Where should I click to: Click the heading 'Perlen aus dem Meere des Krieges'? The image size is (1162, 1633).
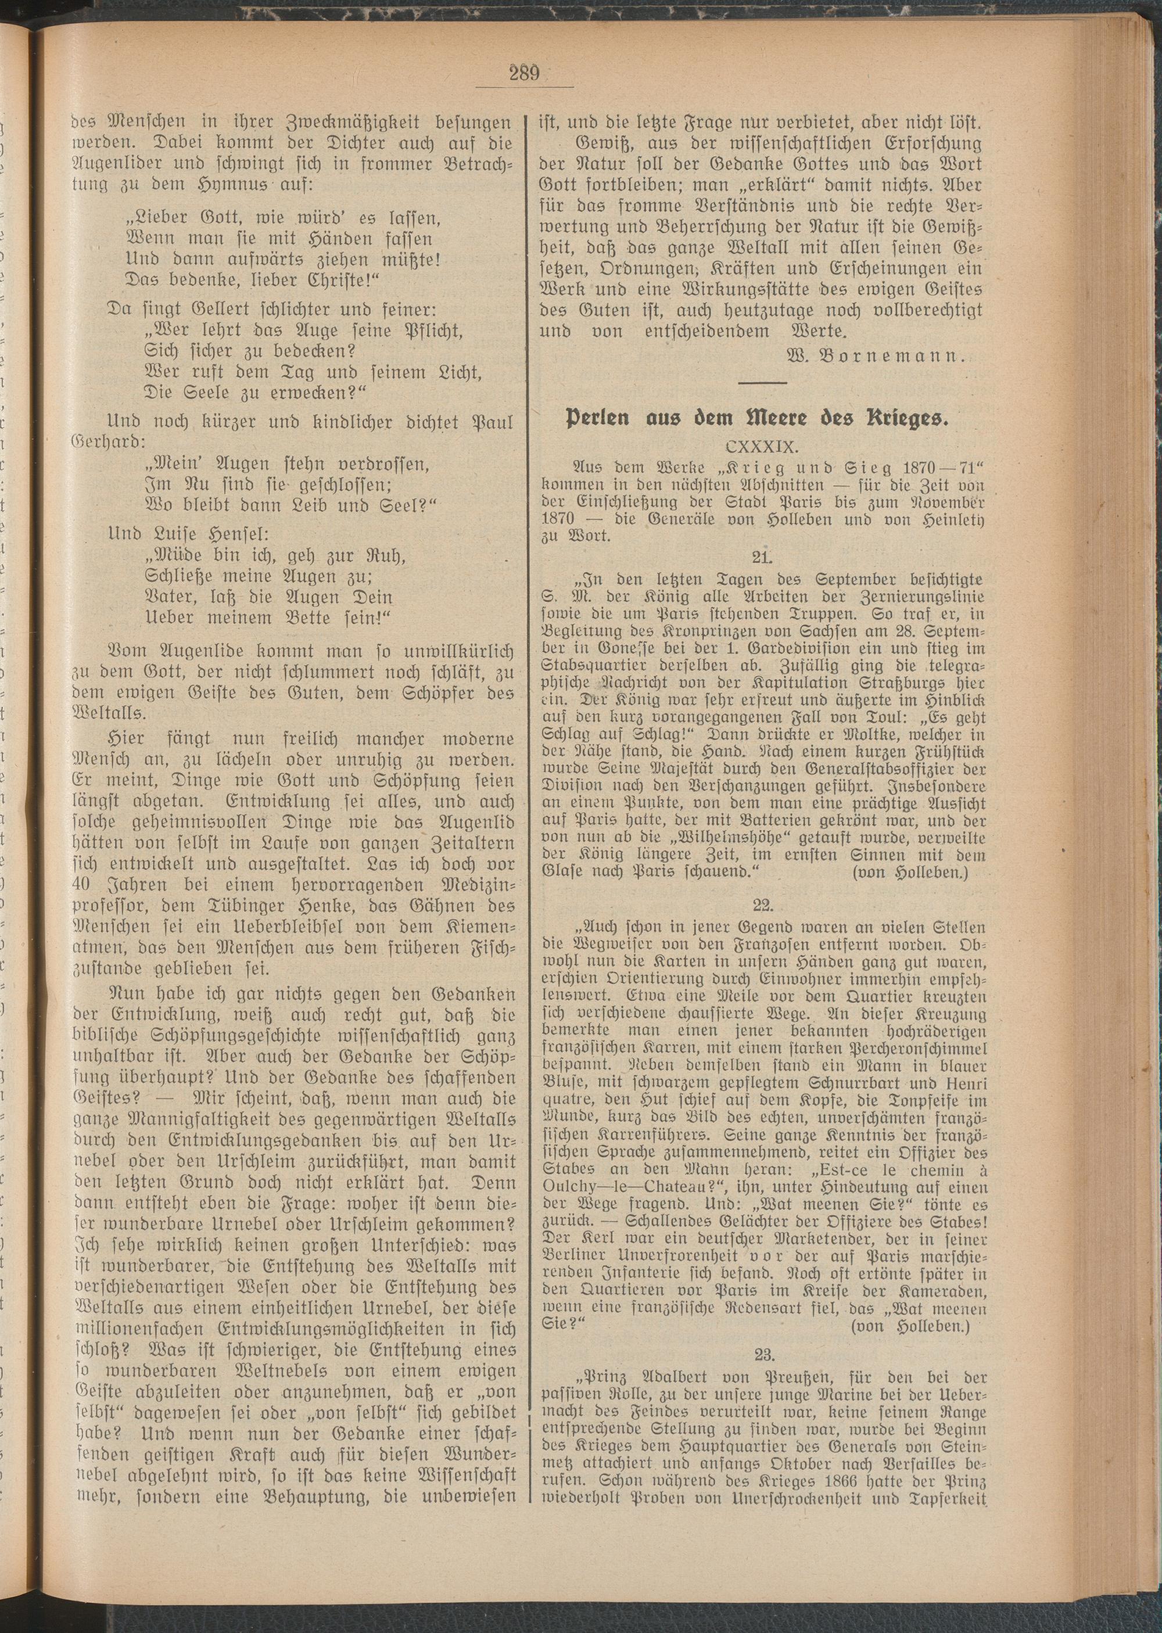(x=760, y=419)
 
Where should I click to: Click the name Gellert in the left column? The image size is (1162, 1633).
(x=180, y=310)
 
